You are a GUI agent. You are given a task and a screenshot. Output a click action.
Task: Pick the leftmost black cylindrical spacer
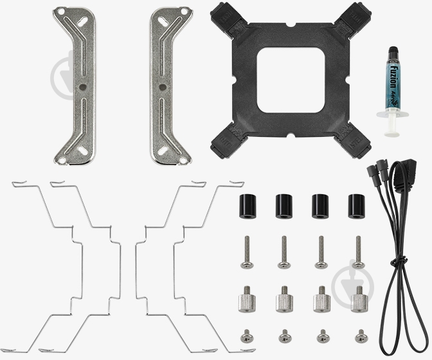[x=247, y=204]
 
